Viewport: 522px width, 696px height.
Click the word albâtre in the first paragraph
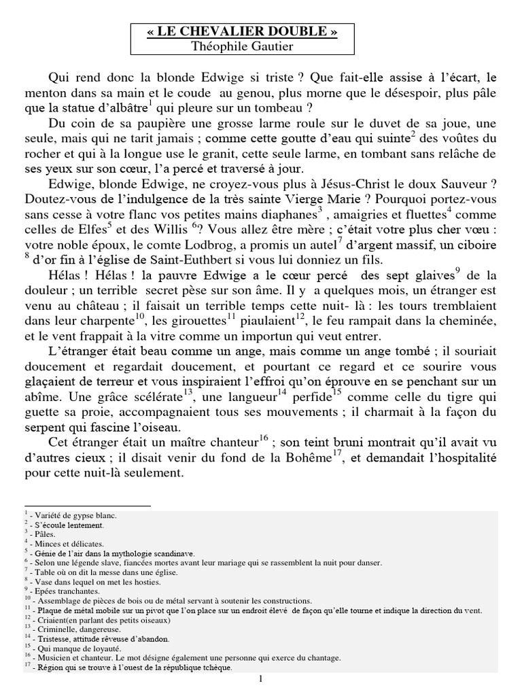point(124,107)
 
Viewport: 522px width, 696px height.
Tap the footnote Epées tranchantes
point(65,592)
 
